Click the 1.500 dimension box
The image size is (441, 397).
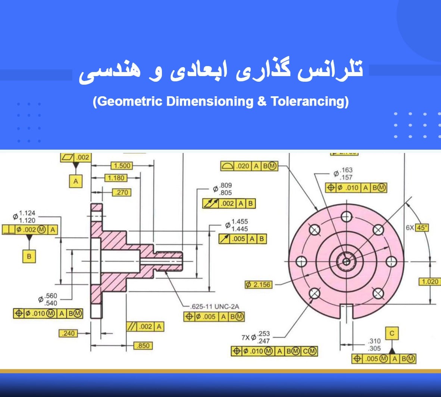coord(122,165)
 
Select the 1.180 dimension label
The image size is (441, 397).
coord(116,178)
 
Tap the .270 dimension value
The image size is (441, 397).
coord(122,193)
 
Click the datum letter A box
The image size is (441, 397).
coord(76,181)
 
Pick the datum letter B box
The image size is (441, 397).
coord(29,256)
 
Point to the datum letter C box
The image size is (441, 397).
coord(392,334)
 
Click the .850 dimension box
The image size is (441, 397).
coord(143,346)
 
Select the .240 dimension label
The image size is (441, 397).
coord(68,334)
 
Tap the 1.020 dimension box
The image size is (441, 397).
coord(430,282)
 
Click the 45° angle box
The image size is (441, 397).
coord(422,228)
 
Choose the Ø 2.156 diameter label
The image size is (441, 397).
coord(259,285)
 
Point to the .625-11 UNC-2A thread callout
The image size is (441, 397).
coord(215,306)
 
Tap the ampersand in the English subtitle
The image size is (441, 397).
coord(262,101)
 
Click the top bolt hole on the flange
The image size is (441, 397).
coord(347,217)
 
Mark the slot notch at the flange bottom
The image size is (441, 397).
coord(347,312)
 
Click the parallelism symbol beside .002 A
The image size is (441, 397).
coord(132,326)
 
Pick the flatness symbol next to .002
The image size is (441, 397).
coord(68,157)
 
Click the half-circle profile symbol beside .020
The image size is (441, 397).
coord(227,166)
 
